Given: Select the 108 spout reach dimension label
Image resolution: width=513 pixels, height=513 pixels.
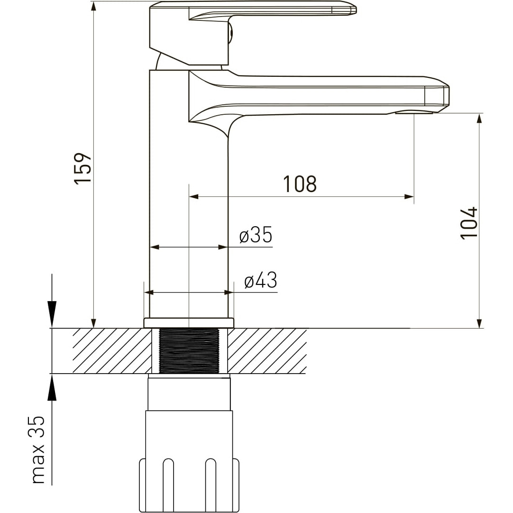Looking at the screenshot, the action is [300, 184].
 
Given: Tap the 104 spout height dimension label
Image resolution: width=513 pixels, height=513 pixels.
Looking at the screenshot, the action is [469, 223].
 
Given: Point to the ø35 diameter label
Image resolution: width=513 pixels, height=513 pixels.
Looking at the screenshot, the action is [256, 235].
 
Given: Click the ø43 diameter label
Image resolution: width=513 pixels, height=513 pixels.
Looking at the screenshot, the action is [260, 280].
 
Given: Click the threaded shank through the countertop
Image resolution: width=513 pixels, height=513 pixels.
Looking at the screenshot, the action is [189, 350].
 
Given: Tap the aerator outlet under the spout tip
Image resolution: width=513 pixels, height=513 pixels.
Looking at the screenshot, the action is [414, 113].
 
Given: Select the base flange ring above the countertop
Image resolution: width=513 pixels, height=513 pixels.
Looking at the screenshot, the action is [189, 322].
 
